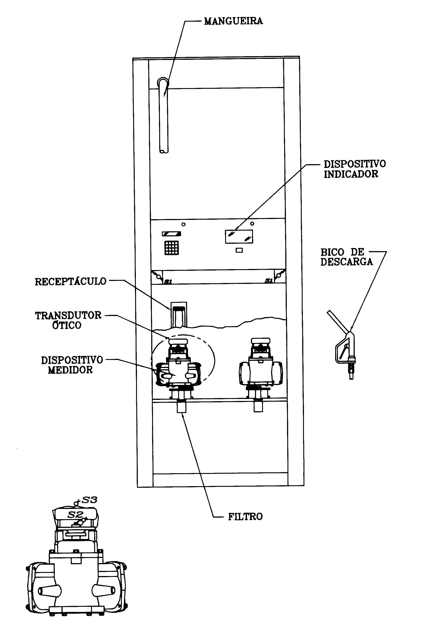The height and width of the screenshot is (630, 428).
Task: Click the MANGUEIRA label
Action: tap(233, 21)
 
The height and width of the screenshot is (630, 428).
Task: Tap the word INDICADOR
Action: tap(351, 174)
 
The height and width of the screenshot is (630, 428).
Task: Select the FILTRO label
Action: tap(245, 517)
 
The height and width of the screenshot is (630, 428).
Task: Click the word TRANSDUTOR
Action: tap(68, 316)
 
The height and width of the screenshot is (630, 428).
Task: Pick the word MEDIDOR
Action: tap(70, 370)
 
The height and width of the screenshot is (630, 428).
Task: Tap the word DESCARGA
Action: tap(346, 262)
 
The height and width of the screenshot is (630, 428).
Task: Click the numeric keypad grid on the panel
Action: tap(172, 248)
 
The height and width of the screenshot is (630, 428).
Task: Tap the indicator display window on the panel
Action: tap(239, 236)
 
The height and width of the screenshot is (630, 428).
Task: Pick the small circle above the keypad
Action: tap(183, 224)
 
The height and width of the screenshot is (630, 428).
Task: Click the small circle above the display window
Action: tap(252, 224)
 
